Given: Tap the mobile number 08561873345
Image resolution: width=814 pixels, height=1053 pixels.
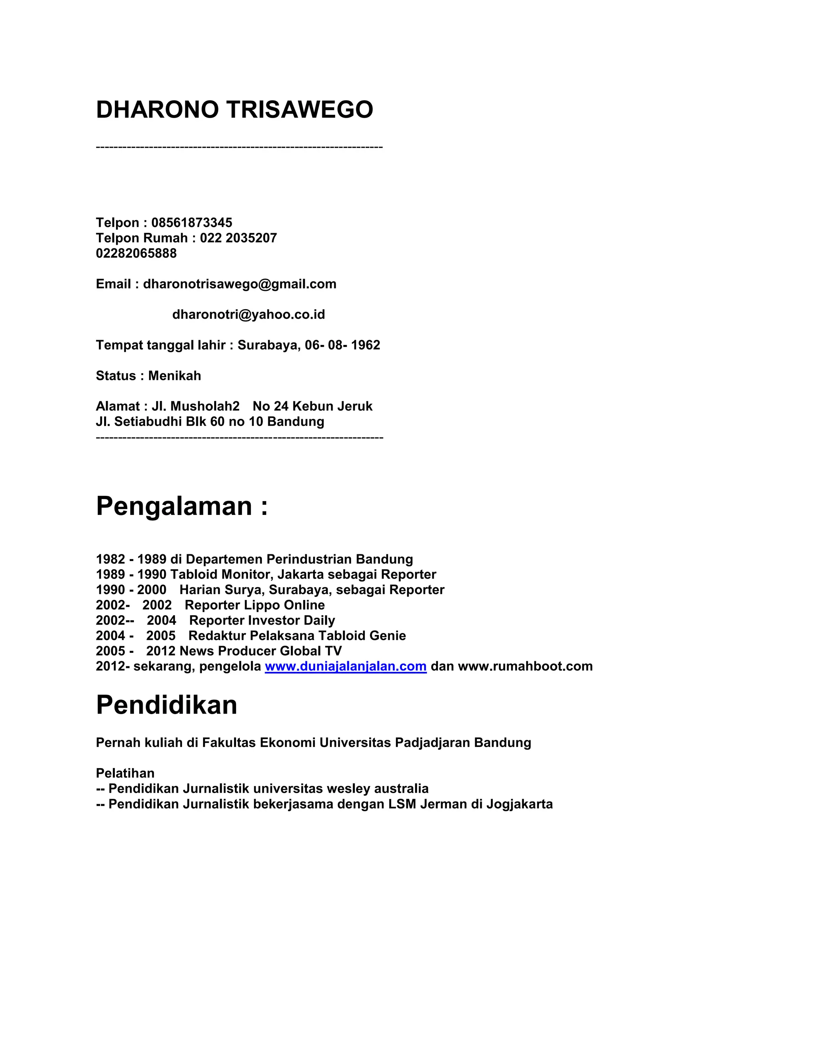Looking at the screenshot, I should click(x=192, y=223).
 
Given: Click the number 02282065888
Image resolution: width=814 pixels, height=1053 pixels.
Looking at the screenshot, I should click(x=136, y=254).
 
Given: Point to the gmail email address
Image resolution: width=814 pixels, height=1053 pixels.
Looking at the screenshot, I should click(x=240, y=284).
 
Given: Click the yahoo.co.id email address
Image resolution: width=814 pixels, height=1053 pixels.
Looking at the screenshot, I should click(x=248, y=315).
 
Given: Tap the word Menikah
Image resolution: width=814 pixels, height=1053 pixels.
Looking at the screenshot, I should click(x=174, y=376).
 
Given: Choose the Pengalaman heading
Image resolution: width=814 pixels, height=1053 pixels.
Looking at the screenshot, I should click(x=182, y=506).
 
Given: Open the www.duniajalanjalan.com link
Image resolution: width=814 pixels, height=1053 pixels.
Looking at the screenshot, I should click(x=345, y=666).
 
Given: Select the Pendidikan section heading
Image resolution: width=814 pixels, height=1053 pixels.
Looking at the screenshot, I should click(x=167, y=705).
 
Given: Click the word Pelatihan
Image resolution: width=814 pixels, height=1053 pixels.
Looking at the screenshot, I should click(x=125, y=773).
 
